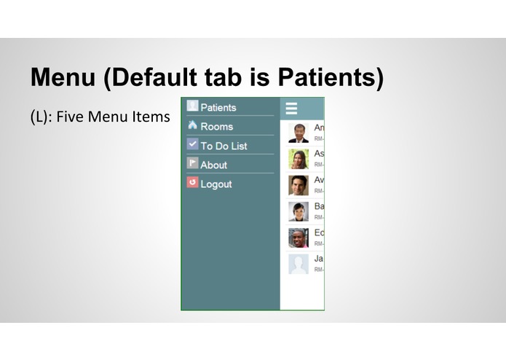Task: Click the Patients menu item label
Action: pyautogui.click(x=218, y=108)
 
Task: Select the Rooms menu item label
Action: pyautogui.click(x=216, y=127)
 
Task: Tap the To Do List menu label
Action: pyautogui.click(x=224, y=146)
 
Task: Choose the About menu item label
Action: pyautogui.click(x=213, y=165)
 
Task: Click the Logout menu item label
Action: pyautogui.click(x=216, y=184)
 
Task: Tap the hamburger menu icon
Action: pyautogui.click(x=291, y=109)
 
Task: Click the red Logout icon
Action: pyautogui.click(x=192, y=182)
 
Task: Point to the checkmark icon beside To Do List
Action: pyautogui.click(x=192, y=144)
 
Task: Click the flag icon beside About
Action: pyautogui.click(x=192, y=163)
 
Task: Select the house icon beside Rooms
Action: pyautogui.click(x=192, y=125)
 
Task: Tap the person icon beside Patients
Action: pyautogui.click(x=192, y=106)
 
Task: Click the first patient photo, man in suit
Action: pyautogui.click(x=299, y=133)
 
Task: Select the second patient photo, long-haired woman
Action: pyautogui.click(x=299, y=159)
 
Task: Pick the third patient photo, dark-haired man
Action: pyautogui.click(x=299, y=185)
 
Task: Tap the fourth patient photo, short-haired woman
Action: pyautogui.click(x=299, y=211)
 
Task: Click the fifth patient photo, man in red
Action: pyautogui.click(x=299, y=238)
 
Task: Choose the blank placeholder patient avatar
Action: pyautogui.click(x=299, y=264)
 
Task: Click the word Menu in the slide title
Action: pyautogui.click(x=63, y=77)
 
